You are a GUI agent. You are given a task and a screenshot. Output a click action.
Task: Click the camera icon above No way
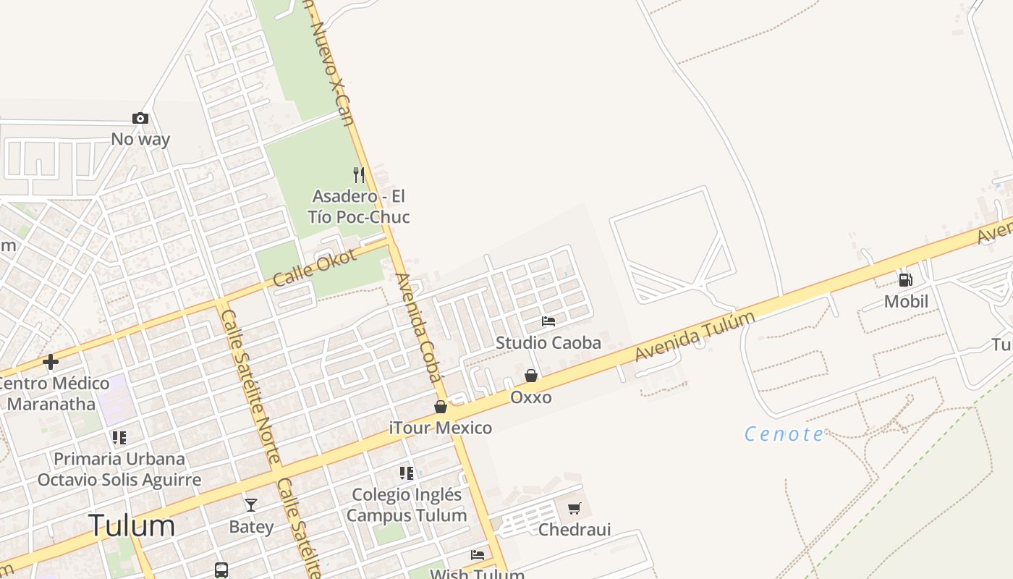[x=140, y=118]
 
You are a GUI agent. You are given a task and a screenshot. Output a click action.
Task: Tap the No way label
[x=140, y=139]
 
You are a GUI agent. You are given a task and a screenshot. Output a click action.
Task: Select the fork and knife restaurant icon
[x=358, y=174]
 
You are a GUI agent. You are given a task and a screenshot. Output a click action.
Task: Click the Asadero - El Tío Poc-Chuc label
[x=358, y=206]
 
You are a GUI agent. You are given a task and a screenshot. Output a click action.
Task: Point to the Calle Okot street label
[x=315, y=267]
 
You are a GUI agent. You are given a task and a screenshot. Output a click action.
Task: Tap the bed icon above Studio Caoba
[x=548, y=321]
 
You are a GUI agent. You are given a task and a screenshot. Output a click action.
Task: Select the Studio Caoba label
[x=548, y=342]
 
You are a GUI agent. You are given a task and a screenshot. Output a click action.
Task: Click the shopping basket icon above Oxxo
[x=531, y=376]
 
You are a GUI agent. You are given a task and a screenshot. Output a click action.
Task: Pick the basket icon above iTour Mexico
[x=441, y=407]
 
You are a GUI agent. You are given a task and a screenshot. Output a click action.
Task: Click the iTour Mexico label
[x=441, y=428]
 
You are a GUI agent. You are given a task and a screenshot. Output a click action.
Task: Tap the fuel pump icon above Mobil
[x=905, y=279]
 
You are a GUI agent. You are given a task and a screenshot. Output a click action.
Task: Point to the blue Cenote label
[x=784, y=434]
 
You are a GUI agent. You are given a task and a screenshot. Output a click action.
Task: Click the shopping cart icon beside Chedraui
[x=575, y=508]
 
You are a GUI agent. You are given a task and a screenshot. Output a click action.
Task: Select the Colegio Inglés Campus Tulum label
[x=407, y=505]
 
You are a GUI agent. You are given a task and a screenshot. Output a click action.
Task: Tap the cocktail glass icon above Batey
[x=251, y=504]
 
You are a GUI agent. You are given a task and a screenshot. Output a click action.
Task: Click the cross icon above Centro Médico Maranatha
[x=51, y=361]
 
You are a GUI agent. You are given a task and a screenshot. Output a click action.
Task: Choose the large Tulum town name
[x=132, y=525]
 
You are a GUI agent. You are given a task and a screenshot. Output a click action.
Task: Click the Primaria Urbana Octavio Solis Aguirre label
[x=119, y=469]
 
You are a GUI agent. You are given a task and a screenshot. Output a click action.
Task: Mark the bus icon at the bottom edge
[x=221, y=570]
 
